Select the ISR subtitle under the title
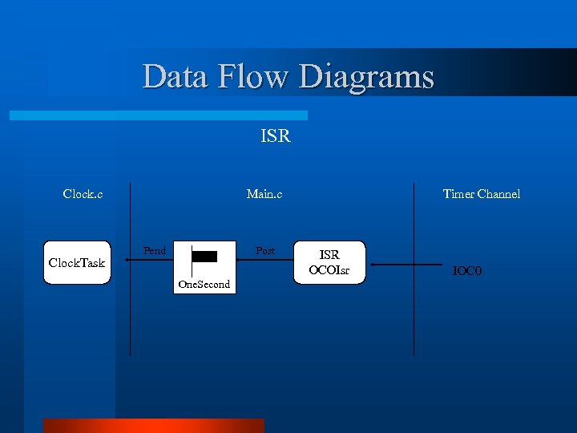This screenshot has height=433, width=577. tap(276, 136)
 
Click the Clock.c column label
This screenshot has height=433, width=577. tap(83, 193)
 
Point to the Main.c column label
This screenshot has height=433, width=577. tap(264, 193)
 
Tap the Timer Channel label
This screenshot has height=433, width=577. tap(482, 193)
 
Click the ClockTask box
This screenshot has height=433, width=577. tap(77, 263)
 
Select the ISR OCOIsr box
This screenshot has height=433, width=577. tap(329, 263)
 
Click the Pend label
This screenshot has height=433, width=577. tap(155, 251)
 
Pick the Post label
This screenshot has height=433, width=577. tap(265, 251)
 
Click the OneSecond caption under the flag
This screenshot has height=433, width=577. tap(204, 285)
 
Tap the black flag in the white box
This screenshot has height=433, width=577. tap(204, 257)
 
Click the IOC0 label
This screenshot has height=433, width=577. tap(466, 271)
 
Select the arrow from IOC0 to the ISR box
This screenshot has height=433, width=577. tap(409, 265)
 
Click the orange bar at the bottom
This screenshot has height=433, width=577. tap(153, 426)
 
